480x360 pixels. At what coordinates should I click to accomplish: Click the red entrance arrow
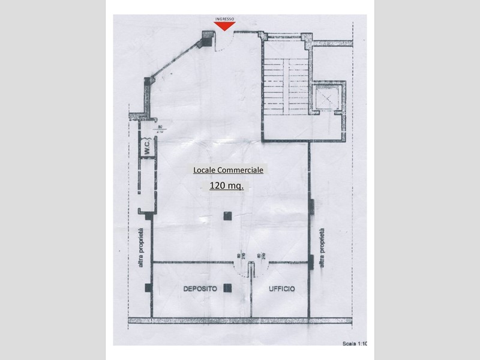click(225, 25)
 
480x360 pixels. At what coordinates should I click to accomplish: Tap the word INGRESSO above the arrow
click(225, 18)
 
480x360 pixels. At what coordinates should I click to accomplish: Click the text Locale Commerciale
click(228, 170)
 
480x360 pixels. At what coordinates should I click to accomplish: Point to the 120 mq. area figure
click(226, 186)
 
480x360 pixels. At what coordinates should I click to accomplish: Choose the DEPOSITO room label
click(200, 289)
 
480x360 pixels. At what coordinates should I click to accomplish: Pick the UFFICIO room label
click(281, 289)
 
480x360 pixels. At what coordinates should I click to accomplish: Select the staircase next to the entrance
click(285, 84)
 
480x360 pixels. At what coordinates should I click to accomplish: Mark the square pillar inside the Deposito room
click(226, 289)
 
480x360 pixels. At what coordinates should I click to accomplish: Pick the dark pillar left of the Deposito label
click(148, 289)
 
